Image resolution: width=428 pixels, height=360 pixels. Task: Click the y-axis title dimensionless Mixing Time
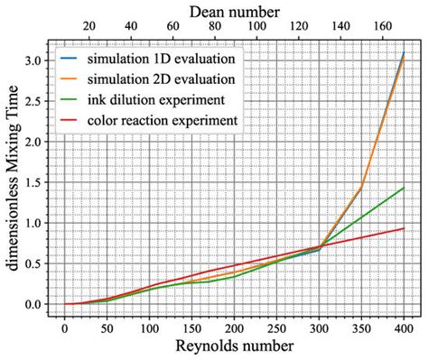click(13, 179)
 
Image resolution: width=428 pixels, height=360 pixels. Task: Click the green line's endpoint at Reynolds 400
click(403, 188)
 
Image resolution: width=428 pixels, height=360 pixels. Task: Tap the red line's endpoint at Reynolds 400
click(403, 228)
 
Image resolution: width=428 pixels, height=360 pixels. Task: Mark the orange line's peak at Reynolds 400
click(403, 54)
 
